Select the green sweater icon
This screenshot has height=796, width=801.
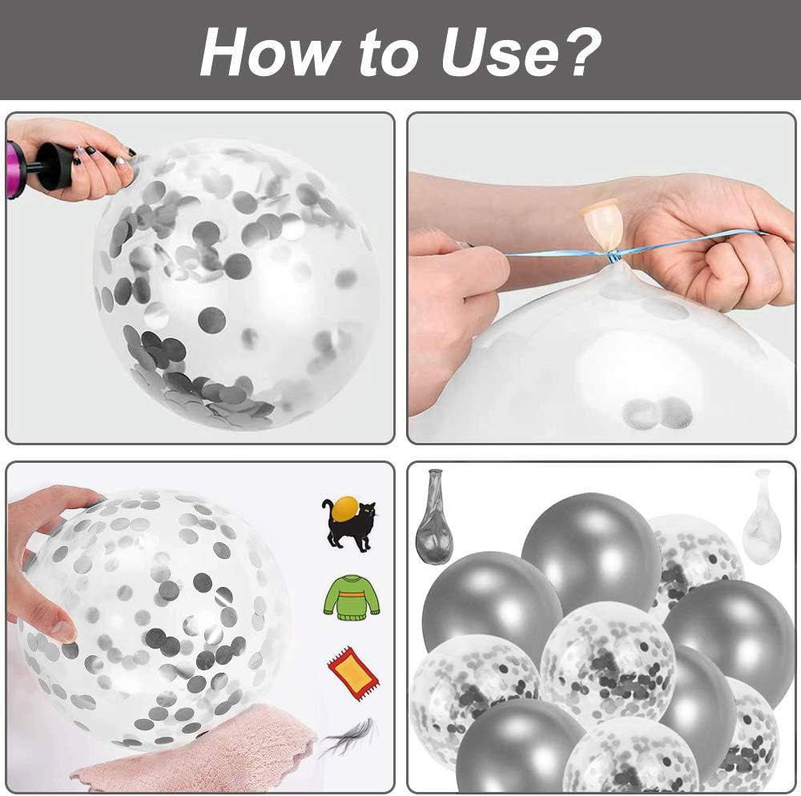351,598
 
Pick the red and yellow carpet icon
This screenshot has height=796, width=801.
352,672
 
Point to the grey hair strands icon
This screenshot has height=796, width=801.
349,738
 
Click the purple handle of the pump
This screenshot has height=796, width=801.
14,169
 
